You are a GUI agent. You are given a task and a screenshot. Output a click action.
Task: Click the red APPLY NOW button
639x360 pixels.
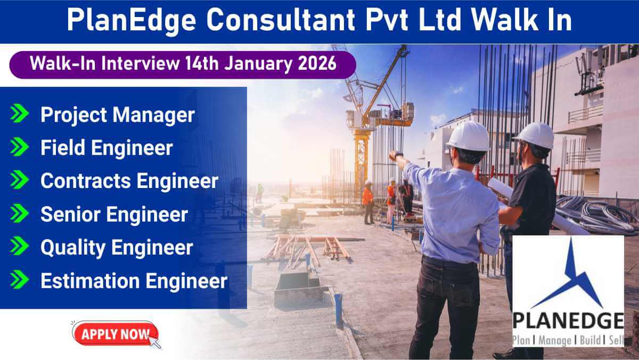pos(115,334)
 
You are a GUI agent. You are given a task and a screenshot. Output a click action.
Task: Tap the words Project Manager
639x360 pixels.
pos(118,115)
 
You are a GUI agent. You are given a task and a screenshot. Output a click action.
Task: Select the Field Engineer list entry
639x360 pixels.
pos(106,148)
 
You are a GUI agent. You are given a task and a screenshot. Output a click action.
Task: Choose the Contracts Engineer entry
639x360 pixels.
pos(129,181)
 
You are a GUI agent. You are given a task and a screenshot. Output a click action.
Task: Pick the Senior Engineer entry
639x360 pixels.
pos(114,214)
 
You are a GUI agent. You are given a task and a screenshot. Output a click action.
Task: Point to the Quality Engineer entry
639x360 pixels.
pos(117,248)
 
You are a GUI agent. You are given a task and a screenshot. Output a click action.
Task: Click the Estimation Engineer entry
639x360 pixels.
pos(134,281)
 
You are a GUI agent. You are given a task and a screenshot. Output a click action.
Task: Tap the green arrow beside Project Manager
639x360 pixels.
pos(19,113)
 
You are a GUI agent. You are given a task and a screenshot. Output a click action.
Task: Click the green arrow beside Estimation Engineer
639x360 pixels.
pos(19,280)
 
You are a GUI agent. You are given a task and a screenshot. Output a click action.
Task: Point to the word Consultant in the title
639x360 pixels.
pos(281,20)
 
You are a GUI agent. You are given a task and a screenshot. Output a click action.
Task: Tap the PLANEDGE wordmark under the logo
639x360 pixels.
pos(568,321)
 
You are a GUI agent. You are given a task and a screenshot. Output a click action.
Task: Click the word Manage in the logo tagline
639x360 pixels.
pos(555,341)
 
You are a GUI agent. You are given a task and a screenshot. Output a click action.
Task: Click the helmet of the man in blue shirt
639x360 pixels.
pos(469,136)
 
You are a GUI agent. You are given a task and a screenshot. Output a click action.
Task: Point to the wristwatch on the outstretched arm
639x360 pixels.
pos(398,154)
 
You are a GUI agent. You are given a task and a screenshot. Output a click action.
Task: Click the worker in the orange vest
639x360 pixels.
pos(368,202)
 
